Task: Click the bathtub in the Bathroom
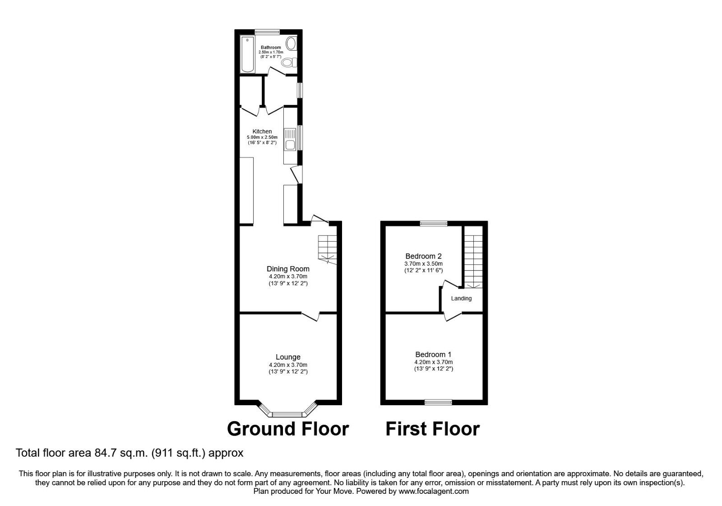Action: (x=247, y=55)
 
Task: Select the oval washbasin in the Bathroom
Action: (x=292, y=44)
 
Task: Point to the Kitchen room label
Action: (x=262, y=131)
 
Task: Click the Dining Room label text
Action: (x=288, y=269)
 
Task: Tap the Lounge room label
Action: (x=288, y=357)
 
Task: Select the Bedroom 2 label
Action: (x=423, y=256)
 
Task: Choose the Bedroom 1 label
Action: (x=433, y=355)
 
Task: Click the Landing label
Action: (x=461, y=299)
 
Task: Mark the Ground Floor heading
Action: (x=288, y=429)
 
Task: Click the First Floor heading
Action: (x=432, y=429)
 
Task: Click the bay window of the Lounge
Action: (x=288, y=413)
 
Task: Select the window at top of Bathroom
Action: (x=267, y=32)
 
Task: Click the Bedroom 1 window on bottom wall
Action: (x=438, y=402)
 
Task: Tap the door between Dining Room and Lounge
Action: (x=310, y=316)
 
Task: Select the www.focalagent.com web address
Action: (x=434, y=491)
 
